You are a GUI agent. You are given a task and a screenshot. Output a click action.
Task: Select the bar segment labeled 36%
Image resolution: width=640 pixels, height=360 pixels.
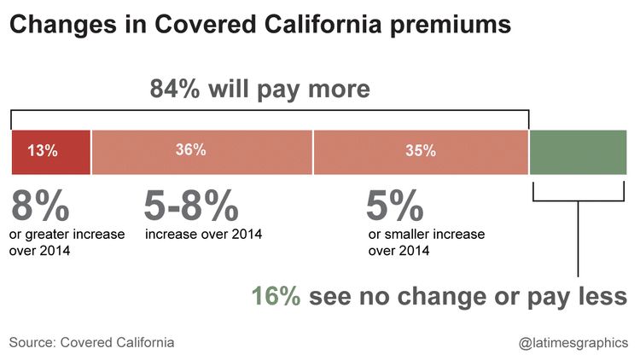pyautogui.click(x=202, y=162)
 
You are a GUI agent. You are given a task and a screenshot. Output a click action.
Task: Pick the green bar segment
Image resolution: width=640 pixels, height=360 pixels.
pyautogui.click(x=579, y=152)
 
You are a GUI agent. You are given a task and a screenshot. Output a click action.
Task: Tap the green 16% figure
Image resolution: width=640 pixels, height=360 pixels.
pyautogui.click(x=276, y=296)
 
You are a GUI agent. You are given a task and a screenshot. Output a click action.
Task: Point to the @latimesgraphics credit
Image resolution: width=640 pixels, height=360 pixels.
pyautogui.click(x=573, y=343)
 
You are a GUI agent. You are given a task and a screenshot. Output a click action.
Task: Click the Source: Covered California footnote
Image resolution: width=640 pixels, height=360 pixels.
pyautogui.click(x=92, y=342)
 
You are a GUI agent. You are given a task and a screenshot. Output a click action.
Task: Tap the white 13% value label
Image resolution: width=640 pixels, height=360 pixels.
pyautogui.click(x=42, y=152)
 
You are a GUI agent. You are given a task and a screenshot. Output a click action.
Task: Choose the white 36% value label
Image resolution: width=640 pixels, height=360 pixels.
pyautogui.click(x=190, y=149)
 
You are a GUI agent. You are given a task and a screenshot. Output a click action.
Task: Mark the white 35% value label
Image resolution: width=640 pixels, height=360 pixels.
pyautogui.click(x=421, y=152)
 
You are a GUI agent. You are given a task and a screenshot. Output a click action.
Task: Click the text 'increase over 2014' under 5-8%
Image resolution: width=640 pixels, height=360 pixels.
pyautogui.click(x=203, y=234)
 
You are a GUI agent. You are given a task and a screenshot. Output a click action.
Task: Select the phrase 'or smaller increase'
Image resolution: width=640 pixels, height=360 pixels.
pyautogui.click(x=426, y=234)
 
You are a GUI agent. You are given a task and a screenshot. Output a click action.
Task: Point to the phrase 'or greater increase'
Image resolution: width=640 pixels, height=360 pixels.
pyautogui.click(x=67, y=234)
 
